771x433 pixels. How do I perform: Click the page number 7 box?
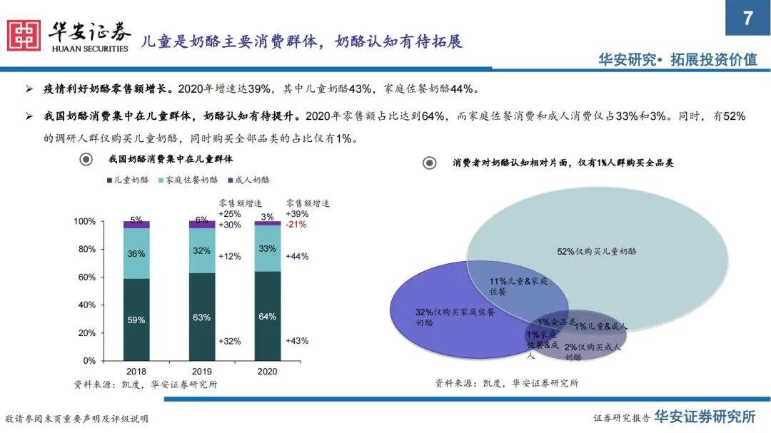[x=747, y=18]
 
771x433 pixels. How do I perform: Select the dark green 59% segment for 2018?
[x=136, y=320]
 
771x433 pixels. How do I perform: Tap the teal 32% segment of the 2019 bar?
[x=201, y=251]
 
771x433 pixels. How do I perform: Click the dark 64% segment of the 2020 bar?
[x=267, y=316]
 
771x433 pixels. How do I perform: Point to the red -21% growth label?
[x=296, y=225]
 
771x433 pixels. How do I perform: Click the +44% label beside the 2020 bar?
[x=297, y=256]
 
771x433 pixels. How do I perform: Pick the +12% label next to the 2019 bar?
[x=230, y=256]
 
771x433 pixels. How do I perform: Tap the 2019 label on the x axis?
[x=201, y=372]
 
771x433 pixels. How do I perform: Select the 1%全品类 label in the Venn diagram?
[x=556, y=322]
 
